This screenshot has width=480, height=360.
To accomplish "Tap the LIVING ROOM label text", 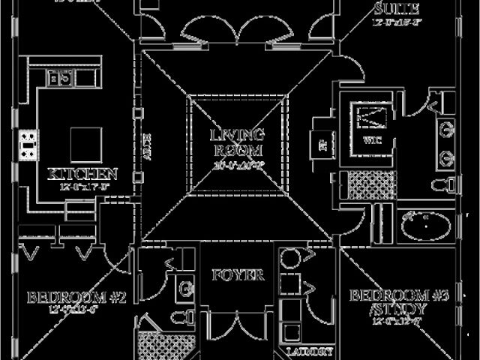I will pyautogui.click(x=237, y=141).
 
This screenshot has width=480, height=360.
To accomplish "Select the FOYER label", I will pyautogui.click(x=237, y=275).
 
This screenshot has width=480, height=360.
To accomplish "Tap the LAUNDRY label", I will pyautogui.click(x=309, y=351).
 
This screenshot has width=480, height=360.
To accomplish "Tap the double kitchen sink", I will pyautogui.click(x=60, y=76).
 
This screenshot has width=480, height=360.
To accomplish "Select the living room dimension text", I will pyautogui.click(x=237, y=164).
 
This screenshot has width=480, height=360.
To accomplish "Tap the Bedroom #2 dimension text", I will pyautogui.click(x=75, y=309).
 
